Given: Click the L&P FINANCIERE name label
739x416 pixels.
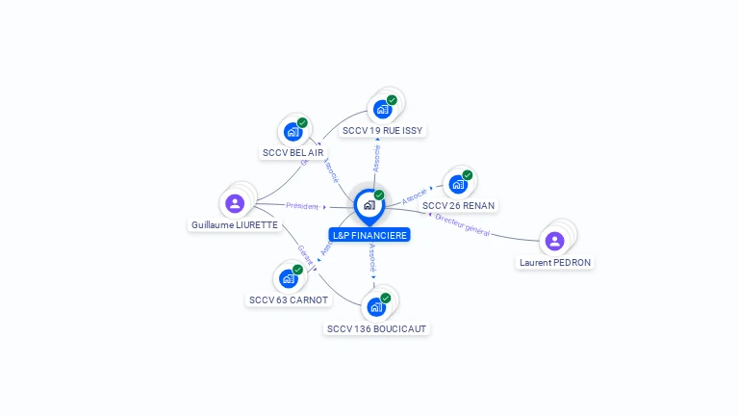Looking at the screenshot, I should (x=369, y=235).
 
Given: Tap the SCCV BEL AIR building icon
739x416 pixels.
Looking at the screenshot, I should (x=292, y=132).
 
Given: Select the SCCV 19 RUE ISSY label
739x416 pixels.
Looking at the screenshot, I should (x=382, y=130).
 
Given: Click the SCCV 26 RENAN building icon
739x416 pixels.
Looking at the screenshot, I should (x=458, y=184).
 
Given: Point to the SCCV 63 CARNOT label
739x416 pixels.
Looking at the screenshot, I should (x=289, y=299).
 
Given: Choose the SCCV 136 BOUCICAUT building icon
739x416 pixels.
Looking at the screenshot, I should (x=376, y=307).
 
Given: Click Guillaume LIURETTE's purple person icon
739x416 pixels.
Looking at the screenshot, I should (x=235, y=203).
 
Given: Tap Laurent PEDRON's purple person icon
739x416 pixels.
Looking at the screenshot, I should (x=554, y=241).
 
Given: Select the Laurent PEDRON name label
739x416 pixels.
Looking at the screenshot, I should (x=555, y=262).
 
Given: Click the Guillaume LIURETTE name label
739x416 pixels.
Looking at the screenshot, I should (x=235, y=224).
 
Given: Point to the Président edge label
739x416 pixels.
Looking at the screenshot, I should (x=302, y=206).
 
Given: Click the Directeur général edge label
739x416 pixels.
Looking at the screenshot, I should (x=463, y=224).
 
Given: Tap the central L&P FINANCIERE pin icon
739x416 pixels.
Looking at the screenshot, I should (x=369, y=205).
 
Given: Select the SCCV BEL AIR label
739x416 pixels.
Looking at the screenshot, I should (x=293, y=152).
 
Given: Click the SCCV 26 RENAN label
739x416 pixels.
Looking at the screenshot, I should (x=459, y=205).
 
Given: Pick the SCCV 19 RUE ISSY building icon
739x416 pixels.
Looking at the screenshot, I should (x=382, y=109).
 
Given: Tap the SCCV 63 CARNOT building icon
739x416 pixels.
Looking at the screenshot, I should (x=288, y=278).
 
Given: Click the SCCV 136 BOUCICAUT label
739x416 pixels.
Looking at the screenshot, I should (x=376, y=328).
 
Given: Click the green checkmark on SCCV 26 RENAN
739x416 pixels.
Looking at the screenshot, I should (x=468, y=175).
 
